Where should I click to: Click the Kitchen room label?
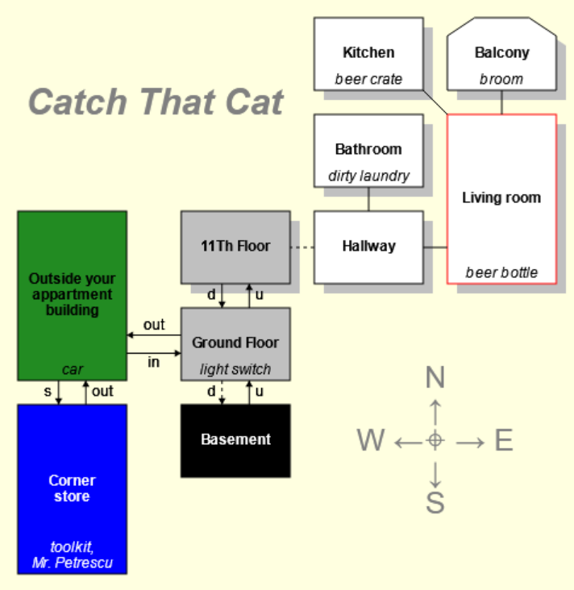click(x=368, y=53)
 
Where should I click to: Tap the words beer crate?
click(x=368, y=79)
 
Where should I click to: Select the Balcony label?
click(x=501, y=53)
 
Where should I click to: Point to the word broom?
click(x=501, y=79)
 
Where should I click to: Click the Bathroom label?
click(x=368, y=149)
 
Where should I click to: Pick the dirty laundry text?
click(x=368, y=176)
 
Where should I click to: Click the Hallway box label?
click(x=368, y=246)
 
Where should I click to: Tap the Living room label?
click(x=501, y=197)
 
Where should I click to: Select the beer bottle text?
click(x=501, y=272)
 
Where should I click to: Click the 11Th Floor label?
click(x=235, y=246)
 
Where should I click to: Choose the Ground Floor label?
click(x=235, y=343)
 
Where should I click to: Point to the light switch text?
click(x=235, y=369)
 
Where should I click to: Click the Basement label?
click(x=235, y=439)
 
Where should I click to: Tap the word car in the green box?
click(x=73, y=369)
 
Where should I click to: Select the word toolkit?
click(x=73, y=547)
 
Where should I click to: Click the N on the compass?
click(x=435, y=377)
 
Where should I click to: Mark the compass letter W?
click(x=371, y=440)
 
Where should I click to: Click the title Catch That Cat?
click(x=156, y=102)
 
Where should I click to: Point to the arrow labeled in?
click(x=153, y=353)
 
